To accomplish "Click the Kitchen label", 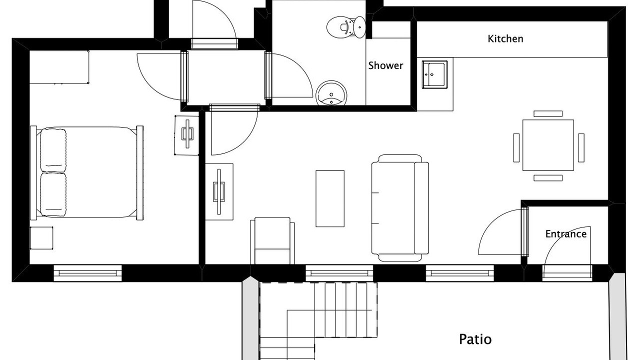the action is (505, 39).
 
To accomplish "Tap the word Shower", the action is (385, 65).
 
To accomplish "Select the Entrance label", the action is (565, 234).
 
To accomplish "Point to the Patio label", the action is (475, 339).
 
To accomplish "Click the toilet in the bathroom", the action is (346, 27).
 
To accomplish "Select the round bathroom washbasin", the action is (331, 93).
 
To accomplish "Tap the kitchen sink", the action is (434, 74).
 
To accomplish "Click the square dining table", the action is (548, 145).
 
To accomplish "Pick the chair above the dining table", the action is (548, 113).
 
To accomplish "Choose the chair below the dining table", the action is (548, 177).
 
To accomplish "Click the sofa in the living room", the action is (400, 208).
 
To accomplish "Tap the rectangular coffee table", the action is (330, 198).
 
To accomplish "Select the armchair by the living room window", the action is (272, 241).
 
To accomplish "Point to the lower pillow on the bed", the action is (53, 194).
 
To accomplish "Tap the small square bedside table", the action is (41, 238).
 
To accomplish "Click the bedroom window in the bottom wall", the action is (87, 273).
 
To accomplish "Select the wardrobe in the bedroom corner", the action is (59, 67).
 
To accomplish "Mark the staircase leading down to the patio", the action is (318, 320).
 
